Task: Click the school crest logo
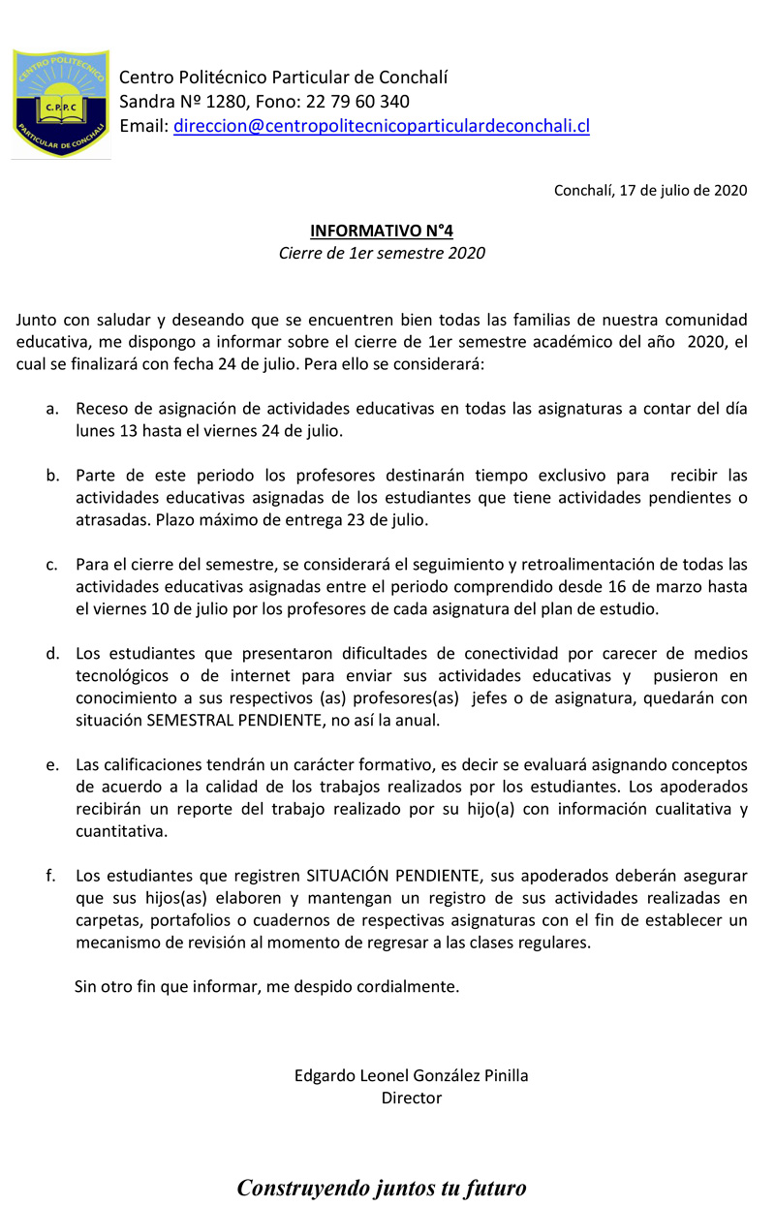(60, 103)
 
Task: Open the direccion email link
(382, 126)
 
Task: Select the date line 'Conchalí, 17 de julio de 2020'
(650, 190)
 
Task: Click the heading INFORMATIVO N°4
(382, 231)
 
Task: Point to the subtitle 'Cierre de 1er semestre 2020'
(382, 254)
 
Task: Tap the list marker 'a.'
(52, 409)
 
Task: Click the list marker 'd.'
(52, 654)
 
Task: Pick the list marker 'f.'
(51, 877)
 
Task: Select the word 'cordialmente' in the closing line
(409, 987)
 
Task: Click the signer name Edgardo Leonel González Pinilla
(411, 1075)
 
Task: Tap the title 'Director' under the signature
(411, 1098)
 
